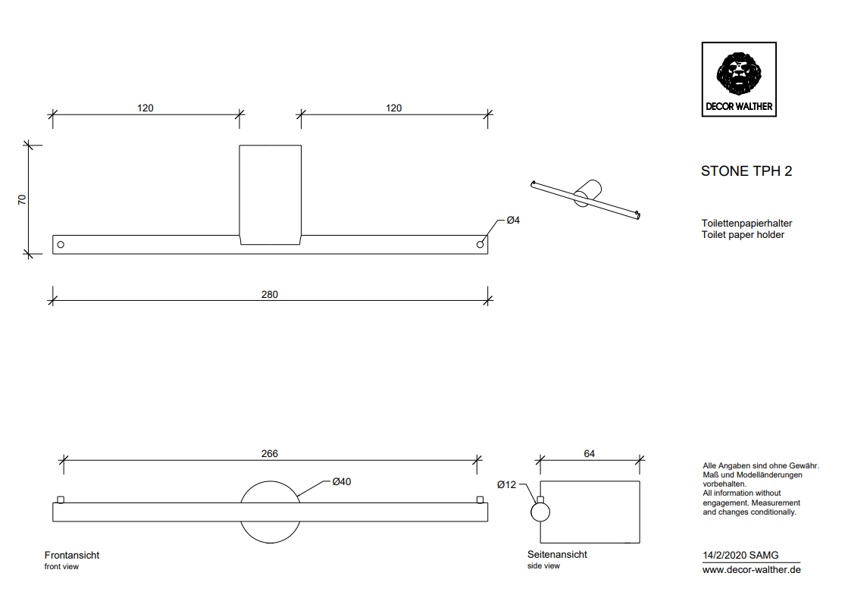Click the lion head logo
(x=738, y=73)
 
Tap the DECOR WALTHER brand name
(x=738, y=106)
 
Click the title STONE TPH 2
(x=746, y=171)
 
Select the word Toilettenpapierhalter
(x=746, y=224)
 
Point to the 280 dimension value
(x=270, y=295)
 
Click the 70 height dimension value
(x=22, y=200)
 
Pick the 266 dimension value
(x=270, y=454)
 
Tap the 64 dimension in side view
(x=590, y=454)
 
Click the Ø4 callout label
(x=513, y=220)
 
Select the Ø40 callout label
(x=341, y=481)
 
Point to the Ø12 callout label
(x=506, y=484)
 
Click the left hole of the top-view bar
(x=61, y=245)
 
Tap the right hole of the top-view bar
(x=480, y=245)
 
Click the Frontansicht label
(x=72, y=555)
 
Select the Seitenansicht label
(x=557, y=554)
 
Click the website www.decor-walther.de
(x=752, y=570)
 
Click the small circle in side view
(x=540, y=512)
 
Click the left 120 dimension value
(x=146, y=108)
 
